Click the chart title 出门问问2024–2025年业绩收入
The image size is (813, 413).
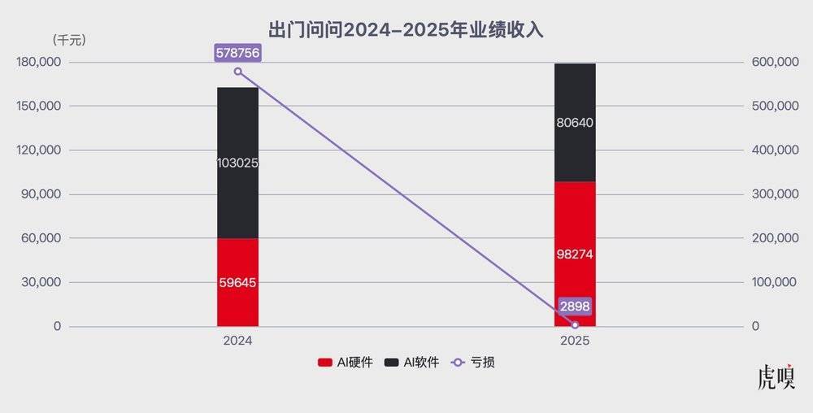click(x=406, y=30)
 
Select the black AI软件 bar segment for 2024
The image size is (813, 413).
click(x=237, y=130)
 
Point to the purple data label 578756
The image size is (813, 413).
click(x=237, y=53)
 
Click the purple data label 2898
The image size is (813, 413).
click(x=575, y=306)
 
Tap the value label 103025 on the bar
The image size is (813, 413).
click(x=237, y=163)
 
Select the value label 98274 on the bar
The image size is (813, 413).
click(x=575, y=254)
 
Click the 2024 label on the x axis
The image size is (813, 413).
click(x=237, y=341)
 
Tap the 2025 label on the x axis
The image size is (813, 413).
click(x=575, y=341)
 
